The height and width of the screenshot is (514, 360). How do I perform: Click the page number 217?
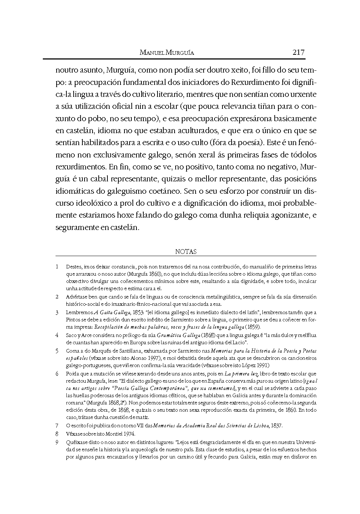point(298,52)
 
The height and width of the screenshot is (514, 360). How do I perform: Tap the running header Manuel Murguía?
point(167,53)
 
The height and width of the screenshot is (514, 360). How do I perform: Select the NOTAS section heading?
point(186,251)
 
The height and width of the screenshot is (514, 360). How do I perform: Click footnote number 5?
point(57,351)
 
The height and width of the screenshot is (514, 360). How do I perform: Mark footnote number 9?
point(57,443)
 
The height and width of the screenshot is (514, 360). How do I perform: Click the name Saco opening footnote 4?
point(71,335)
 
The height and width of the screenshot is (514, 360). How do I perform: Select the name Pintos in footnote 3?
point(73,320)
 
